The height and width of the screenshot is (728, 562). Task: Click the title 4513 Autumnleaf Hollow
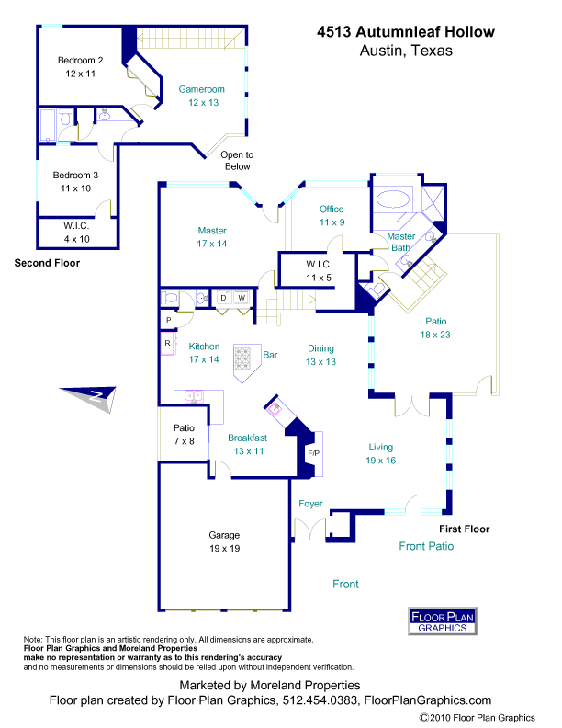[x=405, y=32]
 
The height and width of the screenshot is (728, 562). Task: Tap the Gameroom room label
[x=201, y=96]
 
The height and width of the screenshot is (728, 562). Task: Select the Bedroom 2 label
[x=80, y=66]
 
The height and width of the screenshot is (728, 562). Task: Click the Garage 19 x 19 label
[x=224, y=541]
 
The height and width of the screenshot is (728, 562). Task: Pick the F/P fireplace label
[x=312, y=454]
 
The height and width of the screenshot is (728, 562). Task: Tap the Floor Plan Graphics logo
[x=442, y=620]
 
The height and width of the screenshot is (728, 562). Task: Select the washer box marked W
[x=242, y=298]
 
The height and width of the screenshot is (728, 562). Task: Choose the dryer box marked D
[x=223, y=298]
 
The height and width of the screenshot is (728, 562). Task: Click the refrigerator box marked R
[x=167, y=343]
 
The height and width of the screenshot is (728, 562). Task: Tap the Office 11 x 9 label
[x=332, y=215]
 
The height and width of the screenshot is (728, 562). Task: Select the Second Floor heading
[x=47, y=263]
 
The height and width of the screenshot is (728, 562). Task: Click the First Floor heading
[x=464, y=529]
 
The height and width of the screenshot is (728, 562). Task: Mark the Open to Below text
[x=237, y=161]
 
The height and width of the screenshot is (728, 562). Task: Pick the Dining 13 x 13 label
[x=320, y=355]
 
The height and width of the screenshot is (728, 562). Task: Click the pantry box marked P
[x=167, y=319]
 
